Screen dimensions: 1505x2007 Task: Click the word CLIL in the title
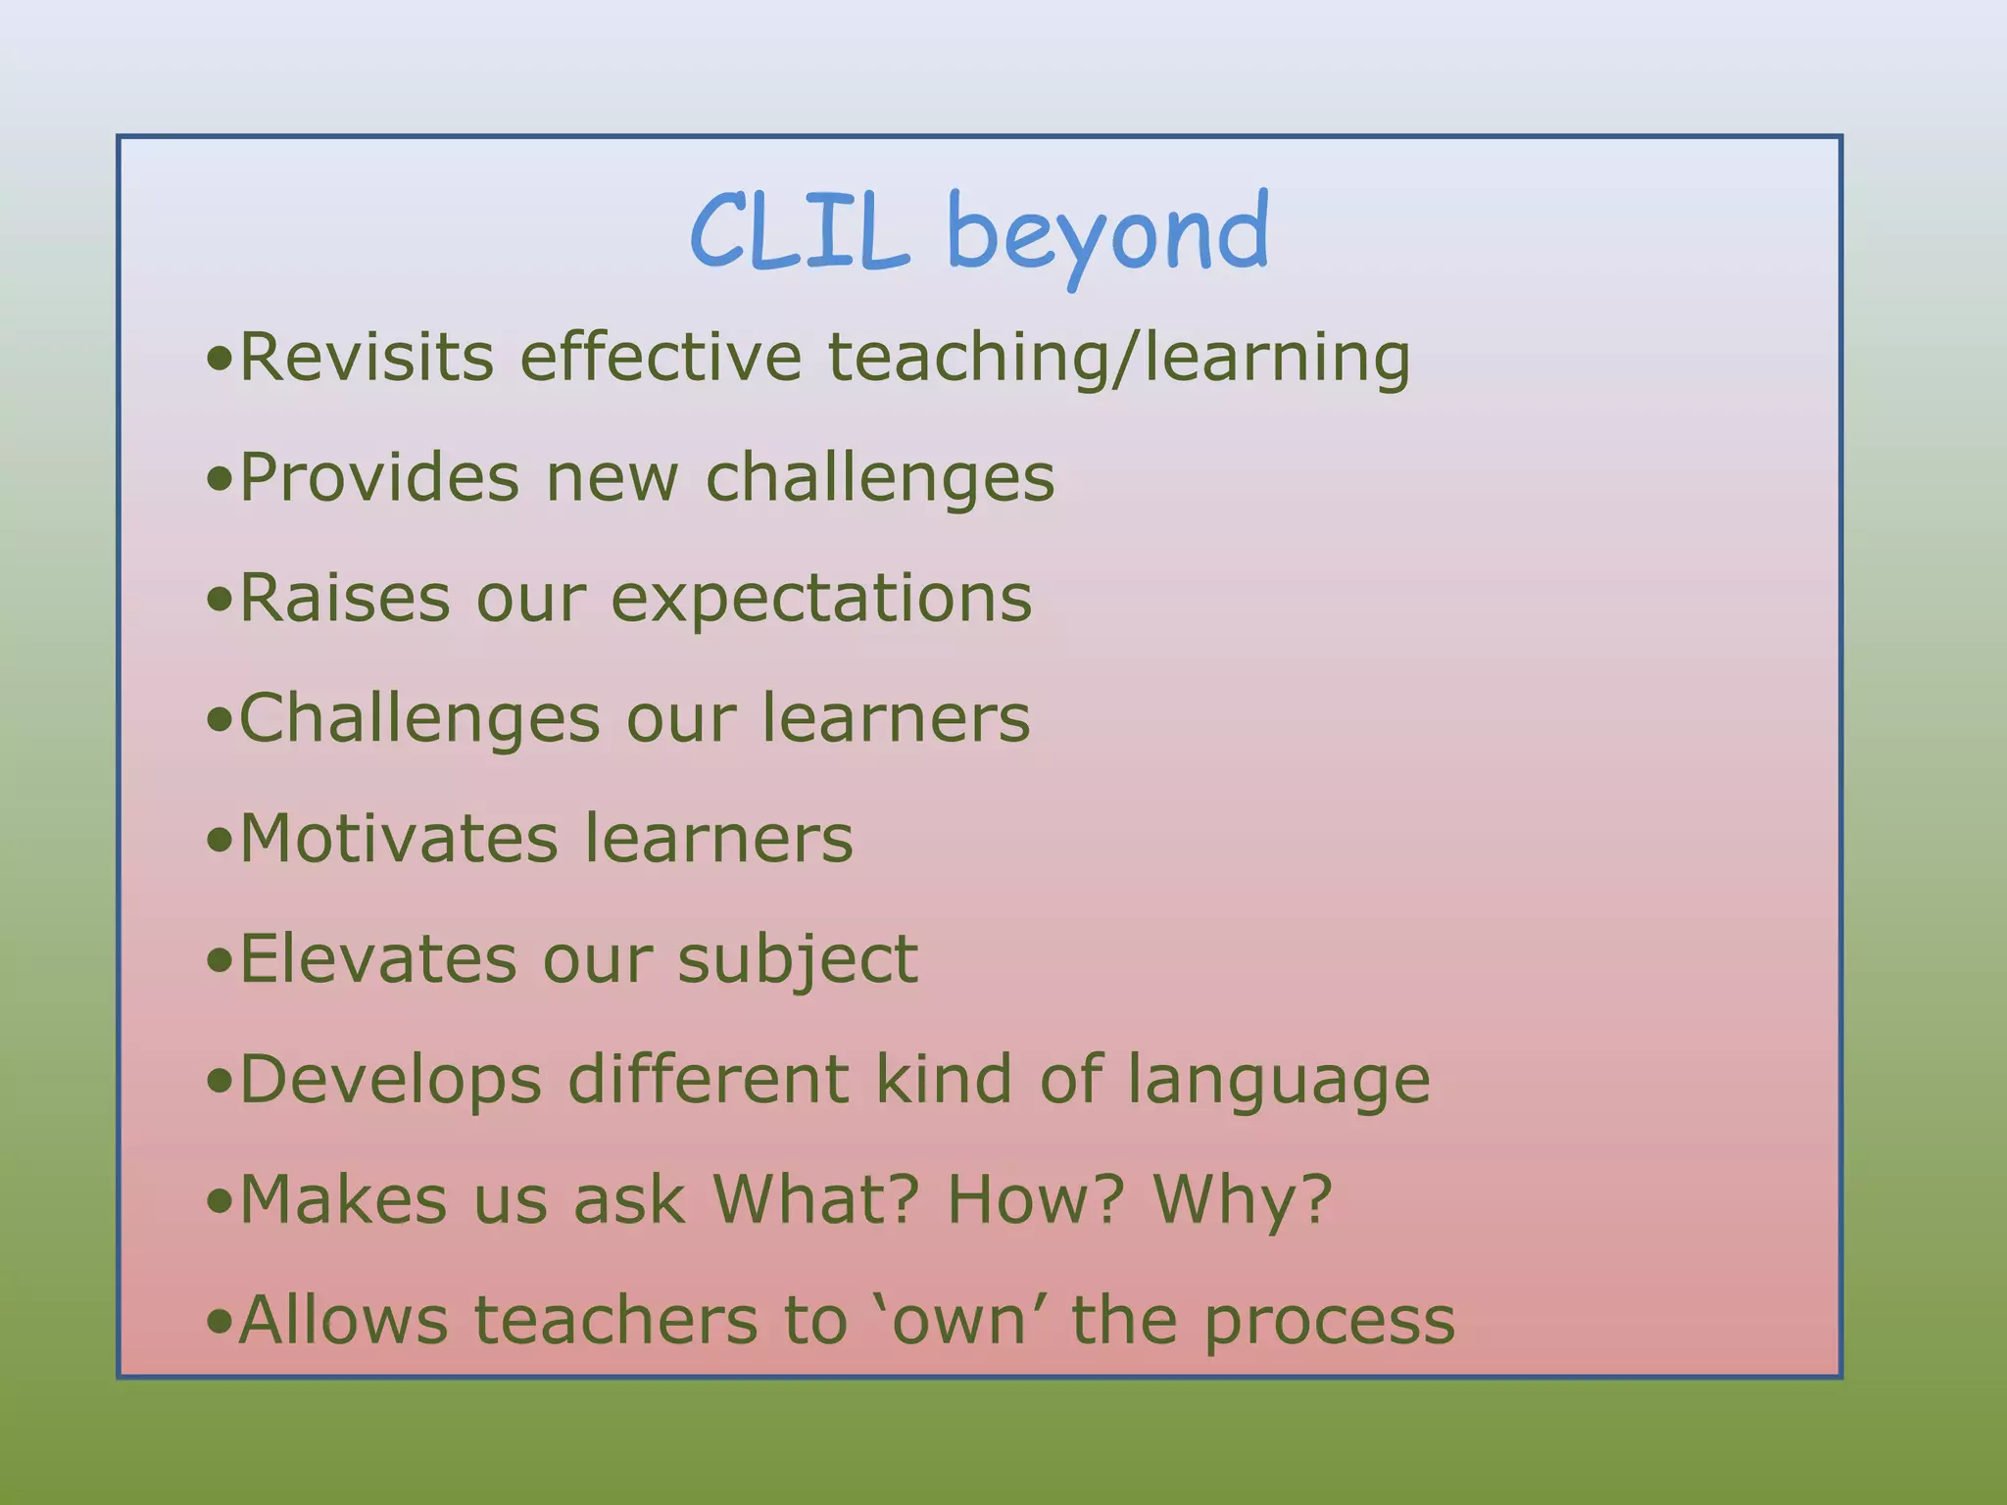799,232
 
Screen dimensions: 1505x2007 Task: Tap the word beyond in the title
1107,235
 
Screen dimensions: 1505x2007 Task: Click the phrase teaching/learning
1119,359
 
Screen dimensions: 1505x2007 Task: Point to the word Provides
379,478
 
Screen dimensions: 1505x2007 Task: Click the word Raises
345,598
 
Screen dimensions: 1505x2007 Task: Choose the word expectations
821,600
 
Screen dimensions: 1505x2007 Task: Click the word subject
798,960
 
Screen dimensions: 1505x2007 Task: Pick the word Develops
390,1080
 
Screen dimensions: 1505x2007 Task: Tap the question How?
1034,1199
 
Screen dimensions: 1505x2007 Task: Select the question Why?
1243,1199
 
